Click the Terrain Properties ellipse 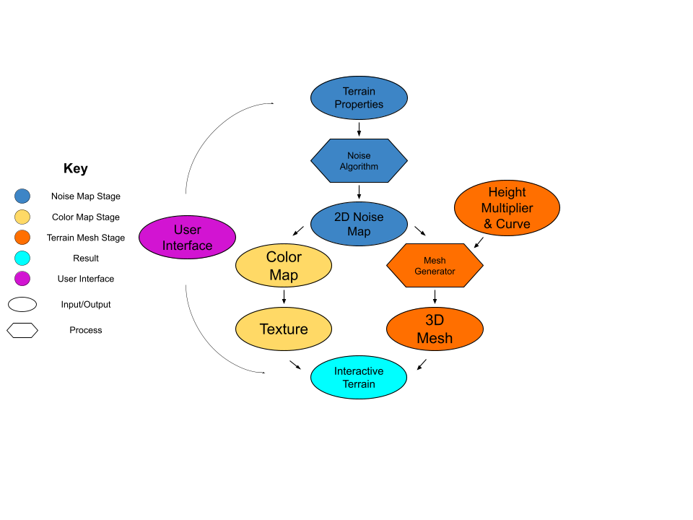pyautogui.click(x=359, y=97)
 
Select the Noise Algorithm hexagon pyautogui.click(x=359, y=160)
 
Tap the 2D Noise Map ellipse pyautogui.click(x=359, y=224)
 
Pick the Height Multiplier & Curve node pyautogui.click(x=507, y=208)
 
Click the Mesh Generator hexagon pyautogui.click(x=435, y=266)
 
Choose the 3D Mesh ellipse pyautogui.click(x=435, y=329)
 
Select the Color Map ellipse pyautogui.click(x=284, y=266)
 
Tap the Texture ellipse pyautogui.click(x=284, y=329)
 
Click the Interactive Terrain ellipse pyautogui.click(x=359, y=377)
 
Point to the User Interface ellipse pyautogui.click(x=187, y=237)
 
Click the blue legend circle pyautogui.click(x=22, y=196)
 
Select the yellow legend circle pyautogui.click(x=22, y=217)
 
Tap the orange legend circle pyautogui.click(x=22, y=238)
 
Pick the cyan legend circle pyautogui.click(x=22, y=258)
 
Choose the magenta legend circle pyautogui.click(x=22, y=279)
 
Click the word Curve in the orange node pyautogui.click(x=513, y=224)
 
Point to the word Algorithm pyautogui.click(x=359, y=167)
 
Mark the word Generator pyautogui.click(x=435, y=272)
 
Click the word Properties pyautogui.click(x=359, y=105)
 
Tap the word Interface pyautogui.click(x=187, y=246)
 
